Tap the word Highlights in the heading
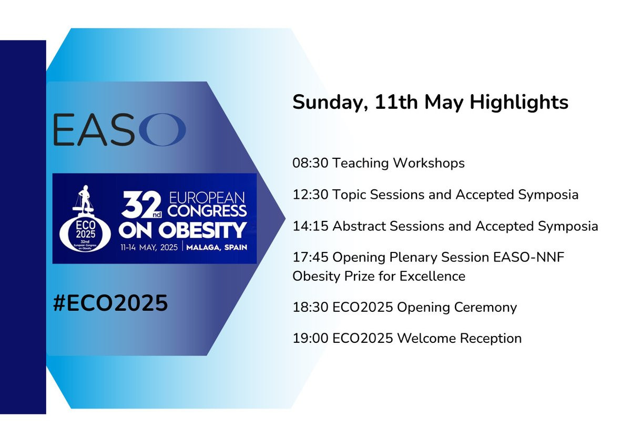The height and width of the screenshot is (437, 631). [x=519, y=102]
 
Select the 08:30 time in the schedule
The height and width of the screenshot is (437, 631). [x=310, y=163]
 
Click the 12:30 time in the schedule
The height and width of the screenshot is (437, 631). [x=310, y=195]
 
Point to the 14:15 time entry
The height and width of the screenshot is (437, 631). [x=310, y=226]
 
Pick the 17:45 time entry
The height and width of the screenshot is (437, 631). [x=310, y=258]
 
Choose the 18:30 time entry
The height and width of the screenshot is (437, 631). [x=310, y=308]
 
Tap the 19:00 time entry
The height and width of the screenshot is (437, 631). [x=310, y=339]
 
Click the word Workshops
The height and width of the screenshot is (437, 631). [x=429, y=164]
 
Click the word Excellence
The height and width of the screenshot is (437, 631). [x=432, y=276]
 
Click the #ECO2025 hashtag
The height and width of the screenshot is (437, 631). [x=110, y=303]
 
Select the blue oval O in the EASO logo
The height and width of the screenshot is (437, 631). [x=165, y=129]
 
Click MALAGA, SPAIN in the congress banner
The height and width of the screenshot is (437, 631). [x=217, y=248]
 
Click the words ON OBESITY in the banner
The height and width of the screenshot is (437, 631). [x=182, y=230]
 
